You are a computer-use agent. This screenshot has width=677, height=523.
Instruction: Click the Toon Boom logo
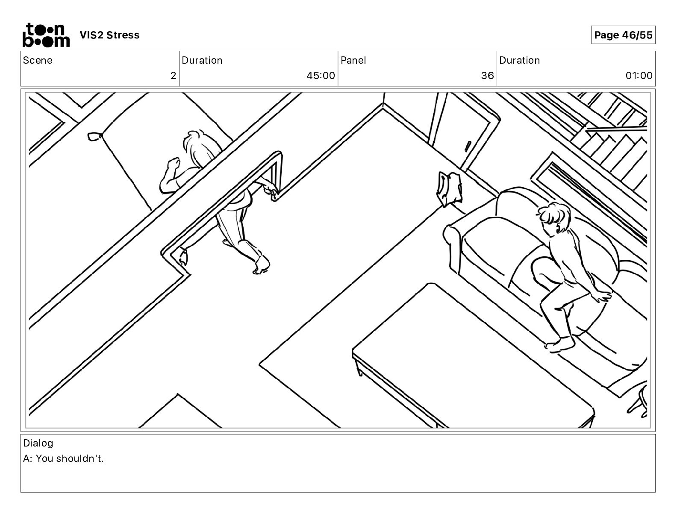46,35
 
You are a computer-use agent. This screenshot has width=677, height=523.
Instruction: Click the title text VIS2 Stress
110,35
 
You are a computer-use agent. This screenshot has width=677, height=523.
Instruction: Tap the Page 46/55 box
623,35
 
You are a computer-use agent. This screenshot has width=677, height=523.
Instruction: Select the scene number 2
173,76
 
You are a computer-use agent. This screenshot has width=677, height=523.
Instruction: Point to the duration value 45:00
321,76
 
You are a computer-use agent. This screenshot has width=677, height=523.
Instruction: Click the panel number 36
487,76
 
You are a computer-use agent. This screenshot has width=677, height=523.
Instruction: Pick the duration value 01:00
639,76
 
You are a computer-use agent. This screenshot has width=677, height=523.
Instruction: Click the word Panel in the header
353,60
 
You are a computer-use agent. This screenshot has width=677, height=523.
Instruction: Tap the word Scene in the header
37,60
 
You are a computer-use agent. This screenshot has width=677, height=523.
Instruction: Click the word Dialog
38,443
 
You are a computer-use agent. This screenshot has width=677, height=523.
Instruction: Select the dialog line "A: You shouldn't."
63,458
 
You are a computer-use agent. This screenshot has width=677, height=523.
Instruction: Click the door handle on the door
468,146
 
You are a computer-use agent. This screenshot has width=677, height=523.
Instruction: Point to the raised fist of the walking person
174,163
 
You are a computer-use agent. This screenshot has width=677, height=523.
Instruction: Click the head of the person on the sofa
555,217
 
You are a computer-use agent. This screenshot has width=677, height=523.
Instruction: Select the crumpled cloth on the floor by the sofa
450,188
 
